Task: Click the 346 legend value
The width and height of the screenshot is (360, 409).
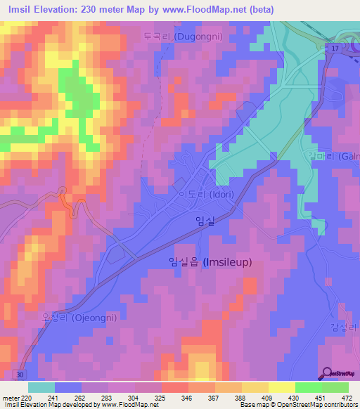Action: [x=186, y=397]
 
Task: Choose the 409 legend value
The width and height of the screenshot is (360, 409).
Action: [x=266, y=397]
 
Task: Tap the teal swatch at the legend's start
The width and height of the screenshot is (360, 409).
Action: [x=41, y=387]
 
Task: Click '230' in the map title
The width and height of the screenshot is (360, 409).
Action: [x=97, y=9]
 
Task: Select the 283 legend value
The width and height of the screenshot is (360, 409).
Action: [x=107, y=397]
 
